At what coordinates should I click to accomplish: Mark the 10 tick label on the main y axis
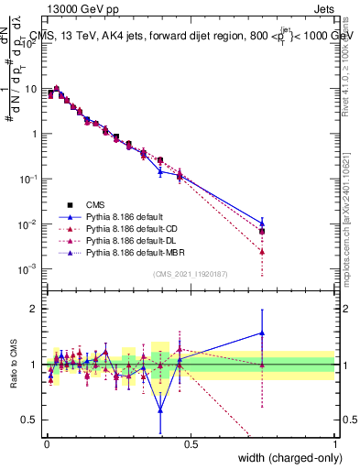click(31, 89)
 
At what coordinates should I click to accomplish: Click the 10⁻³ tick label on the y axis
click(30, 269)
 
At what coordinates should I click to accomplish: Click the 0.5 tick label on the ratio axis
click(31, 420)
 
